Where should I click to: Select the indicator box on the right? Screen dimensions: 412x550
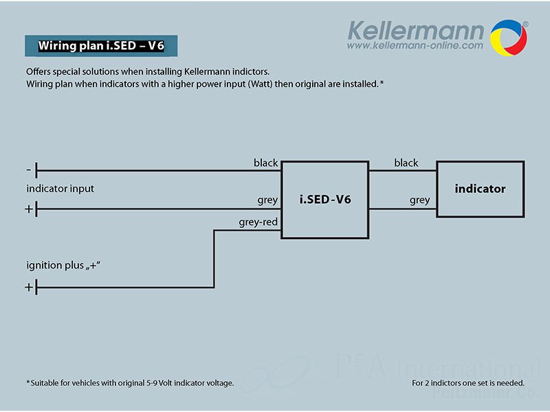480,189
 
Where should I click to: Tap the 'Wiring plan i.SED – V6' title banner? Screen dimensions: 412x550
101,47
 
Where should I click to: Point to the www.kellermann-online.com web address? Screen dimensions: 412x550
415,46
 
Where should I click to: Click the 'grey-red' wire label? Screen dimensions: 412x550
258,222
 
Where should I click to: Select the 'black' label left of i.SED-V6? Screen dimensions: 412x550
265,163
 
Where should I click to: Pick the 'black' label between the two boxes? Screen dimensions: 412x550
406,163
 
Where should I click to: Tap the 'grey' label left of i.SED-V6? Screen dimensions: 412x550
267,200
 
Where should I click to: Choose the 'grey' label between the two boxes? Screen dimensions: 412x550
419,200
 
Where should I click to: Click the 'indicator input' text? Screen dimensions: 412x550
60,188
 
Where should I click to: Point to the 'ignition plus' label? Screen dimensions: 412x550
68,265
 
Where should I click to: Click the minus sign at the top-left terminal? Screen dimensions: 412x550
28,170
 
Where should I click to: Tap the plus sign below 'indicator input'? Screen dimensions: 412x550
29,209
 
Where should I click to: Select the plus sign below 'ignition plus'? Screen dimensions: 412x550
29,287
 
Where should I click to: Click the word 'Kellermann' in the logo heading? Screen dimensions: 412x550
415,30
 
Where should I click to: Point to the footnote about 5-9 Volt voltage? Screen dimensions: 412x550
130,382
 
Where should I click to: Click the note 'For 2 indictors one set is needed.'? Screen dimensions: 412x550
468,382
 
